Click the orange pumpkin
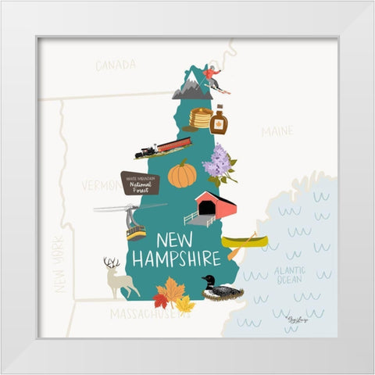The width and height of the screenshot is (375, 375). coord(182,175)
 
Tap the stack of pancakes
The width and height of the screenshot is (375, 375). coord(201,118)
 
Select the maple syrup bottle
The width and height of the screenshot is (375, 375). coord(219,120)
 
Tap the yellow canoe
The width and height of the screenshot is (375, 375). coord(243,241)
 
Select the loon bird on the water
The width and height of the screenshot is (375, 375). coord(220,289)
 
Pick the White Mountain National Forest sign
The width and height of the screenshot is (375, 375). coord(140,183)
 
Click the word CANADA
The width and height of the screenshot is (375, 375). coord(116,66)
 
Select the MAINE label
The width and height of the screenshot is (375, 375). coord(277,130)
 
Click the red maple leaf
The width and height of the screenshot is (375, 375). coord(162,298)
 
